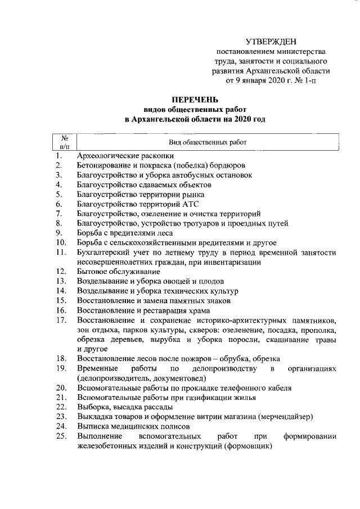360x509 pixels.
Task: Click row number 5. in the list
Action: [59, 194]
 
